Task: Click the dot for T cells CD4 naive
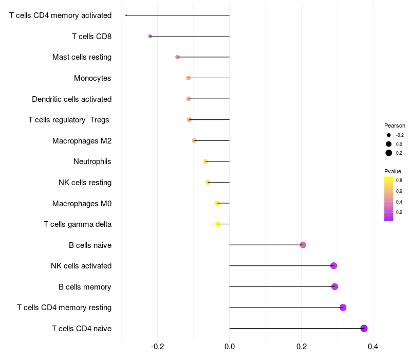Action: (364, 328)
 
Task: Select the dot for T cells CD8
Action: (150, 36)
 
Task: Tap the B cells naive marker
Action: (303, 245)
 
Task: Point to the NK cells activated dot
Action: (333, 266)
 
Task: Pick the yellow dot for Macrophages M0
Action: (217, 203)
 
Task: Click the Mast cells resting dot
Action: (178, 57)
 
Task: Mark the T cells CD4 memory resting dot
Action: (343, 308)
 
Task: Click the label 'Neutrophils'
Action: (92, 161)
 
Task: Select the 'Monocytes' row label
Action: (92, 78)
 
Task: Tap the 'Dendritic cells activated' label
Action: (72, 99)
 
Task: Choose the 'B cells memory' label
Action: (85, 286)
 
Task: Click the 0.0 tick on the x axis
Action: (229, 347)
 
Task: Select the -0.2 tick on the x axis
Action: (157, 347)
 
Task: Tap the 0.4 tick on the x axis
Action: (373, 347)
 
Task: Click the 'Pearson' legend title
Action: (395, 125)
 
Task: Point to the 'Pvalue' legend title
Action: (393, 171)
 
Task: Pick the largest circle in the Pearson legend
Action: (389, 153)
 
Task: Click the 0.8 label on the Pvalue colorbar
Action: (399, 181)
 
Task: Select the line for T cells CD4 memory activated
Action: (178, 15)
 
